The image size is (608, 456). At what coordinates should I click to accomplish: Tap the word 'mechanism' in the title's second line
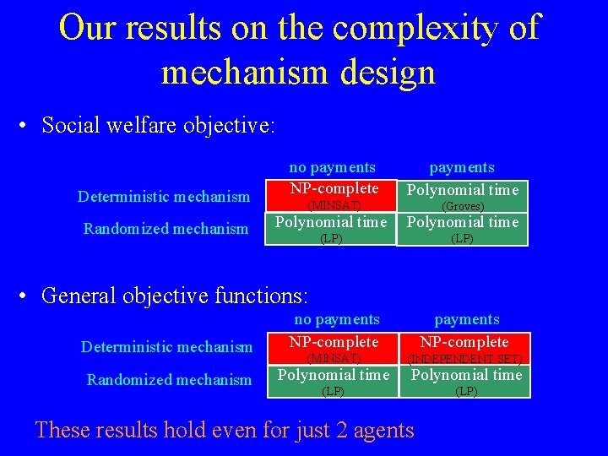244,72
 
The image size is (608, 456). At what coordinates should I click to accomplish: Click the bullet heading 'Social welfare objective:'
158,126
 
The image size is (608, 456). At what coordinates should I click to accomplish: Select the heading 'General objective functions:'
175,296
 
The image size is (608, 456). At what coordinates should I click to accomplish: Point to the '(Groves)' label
463,206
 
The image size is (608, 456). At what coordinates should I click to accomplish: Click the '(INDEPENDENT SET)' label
464,359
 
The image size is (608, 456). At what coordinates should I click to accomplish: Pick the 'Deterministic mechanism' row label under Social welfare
164,197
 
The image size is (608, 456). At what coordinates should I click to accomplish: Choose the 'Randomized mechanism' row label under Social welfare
166,228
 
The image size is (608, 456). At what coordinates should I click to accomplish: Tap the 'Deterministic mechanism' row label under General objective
166,346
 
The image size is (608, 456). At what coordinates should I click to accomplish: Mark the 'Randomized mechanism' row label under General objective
169,380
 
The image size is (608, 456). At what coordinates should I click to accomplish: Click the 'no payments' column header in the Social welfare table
332,167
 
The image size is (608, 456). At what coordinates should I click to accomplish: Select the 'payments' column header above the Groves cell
462,167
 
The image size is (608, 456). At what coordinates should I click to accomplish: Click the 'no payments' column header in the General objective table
337,319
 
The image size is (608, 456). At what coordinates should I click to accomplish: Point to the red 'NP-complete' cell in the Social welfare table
334,188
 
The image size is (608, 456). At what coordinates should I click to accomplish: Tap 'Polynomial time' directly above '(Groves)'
463,190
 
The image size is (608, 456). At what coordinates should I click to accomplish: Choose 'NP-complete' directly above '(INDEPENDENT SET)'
464,342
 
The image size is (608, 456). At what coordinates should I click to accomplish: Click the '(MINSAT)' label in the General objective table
334,359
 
